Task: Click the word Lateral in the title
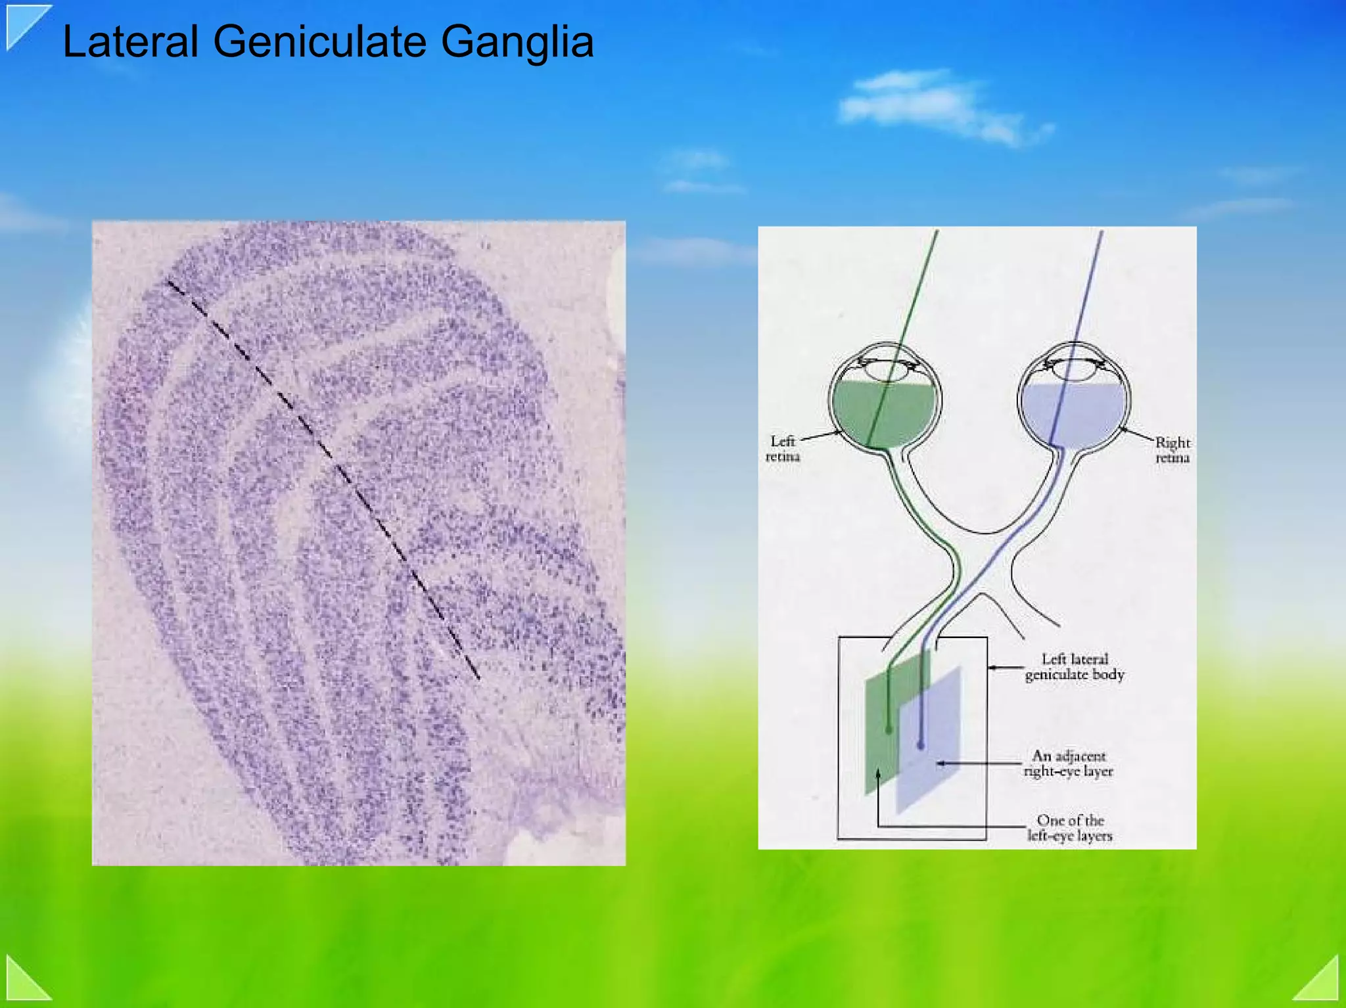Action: tap(130, 42)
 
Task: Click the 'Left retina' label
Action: tap(782, 449)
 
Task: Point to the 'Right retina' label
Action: tap(1172, 450)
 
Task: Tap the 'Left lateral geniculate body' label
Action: tap(1075, 667)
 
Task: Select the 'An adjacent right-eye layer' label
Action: tap(1068, 764)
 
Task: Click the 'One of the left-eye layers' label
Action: tap(1070, 828)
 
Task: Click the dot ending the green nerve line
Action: tap(889, 730)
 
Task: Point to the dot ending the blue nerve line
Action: tap(921, 746)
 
